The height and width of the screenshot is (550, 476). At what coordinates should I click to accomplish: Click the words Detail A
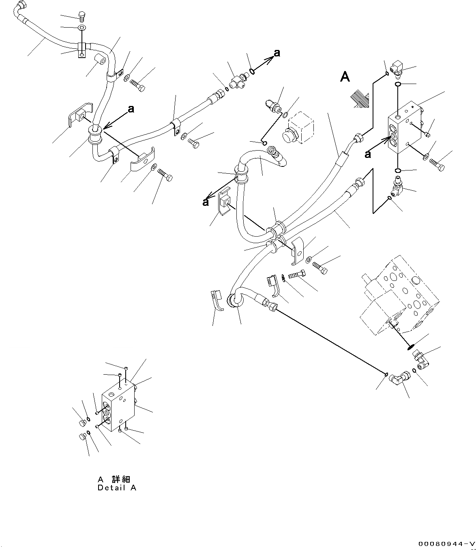pyautogui.click(x=117, y=488)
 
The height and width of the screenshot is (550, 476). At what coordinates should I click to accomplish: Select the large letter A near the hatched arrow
pyautogui.click(x=345, y=77)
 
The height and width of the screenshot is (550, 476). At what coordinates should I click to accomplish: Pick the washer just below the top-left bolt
pyautogui.click(x=81, y=28)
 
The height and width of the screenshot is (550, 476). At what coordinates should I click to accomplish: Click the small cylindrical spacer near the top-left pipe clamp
pyautogui.click(x=99, y=61)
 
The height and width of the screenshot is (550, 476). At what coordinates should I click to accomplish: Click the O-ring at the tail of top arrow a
pyautogui.click(x=252, y=71)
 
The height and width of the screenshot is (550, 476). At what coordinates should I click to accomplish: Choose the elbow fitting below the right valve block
pyautogui.click(x=397, y=185)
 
